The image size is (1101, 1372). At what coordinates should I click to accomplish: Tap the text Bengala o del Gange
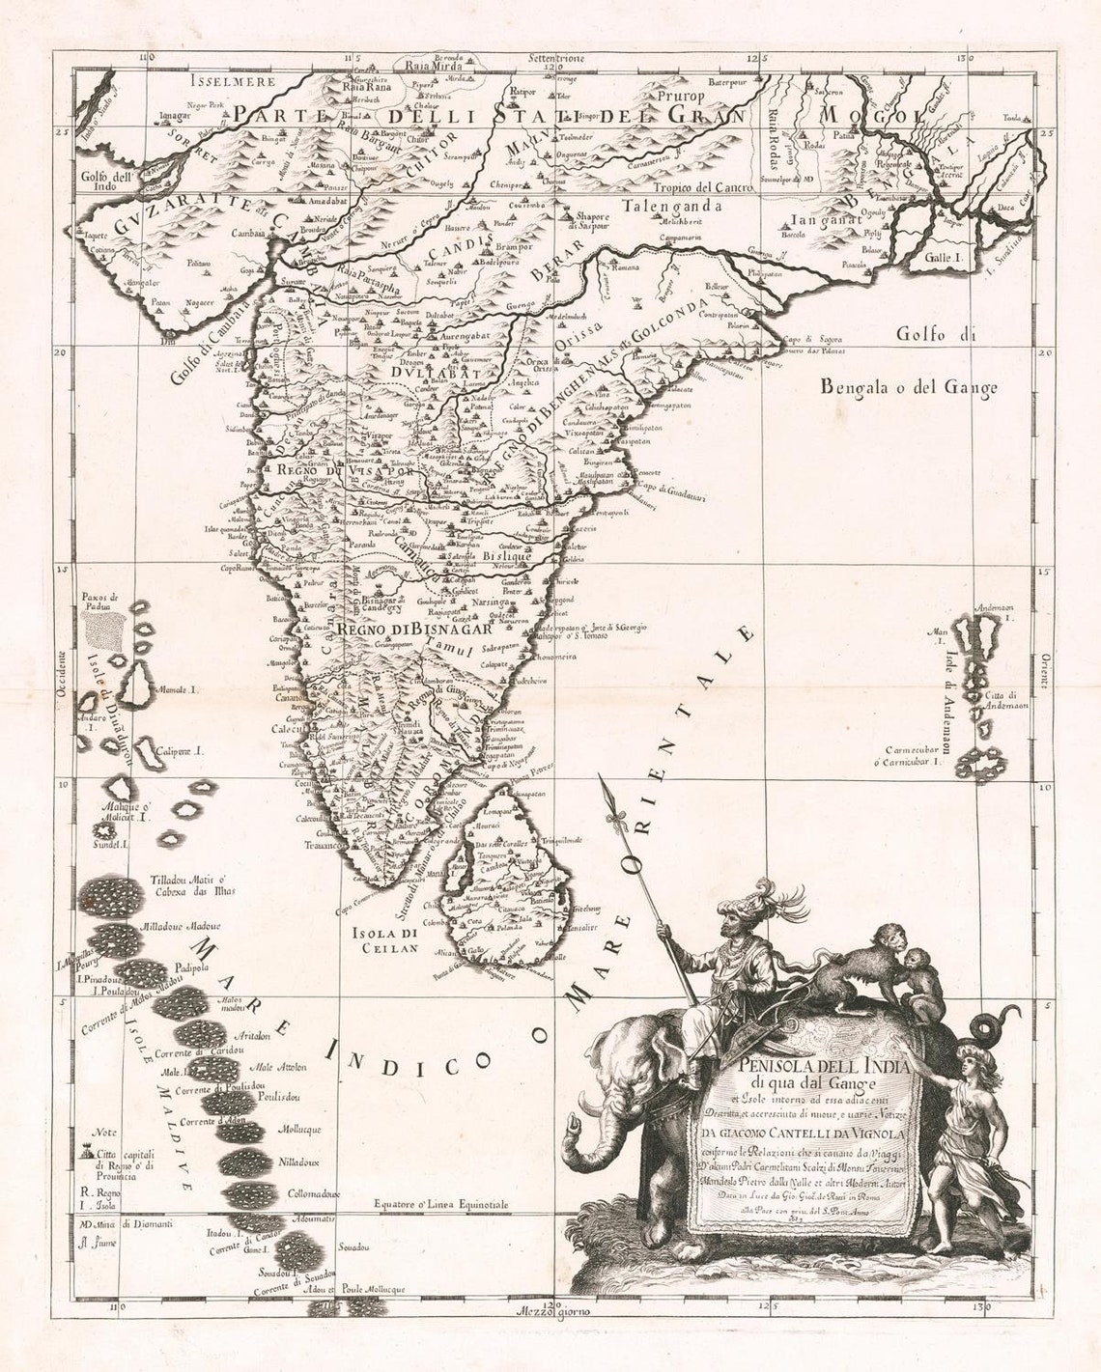point(907,388)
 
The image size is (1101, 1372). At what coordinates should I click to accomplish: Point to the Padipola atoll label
point(193,965)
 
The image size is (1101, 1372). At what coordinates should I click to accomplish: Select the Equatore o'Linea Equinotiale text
point(440,1204)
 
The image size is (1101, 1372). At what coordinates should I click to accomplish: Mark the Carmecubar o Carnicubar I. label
point(913,756)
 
